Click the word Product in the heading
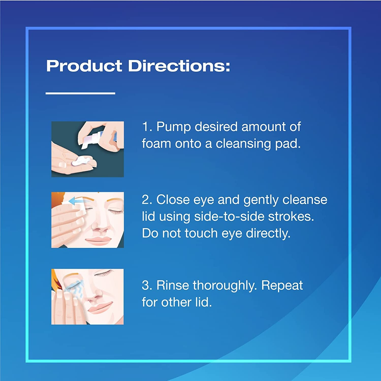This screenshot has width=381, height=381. coord(84,66)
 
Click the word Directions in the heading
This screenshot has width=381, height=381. coord(179,66)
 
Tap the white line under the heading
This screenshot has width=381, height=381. coord(80,93)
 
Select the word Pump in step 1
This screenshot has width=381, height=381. coord(173,127)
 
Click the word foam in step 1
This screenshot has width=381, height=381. coord(156,144)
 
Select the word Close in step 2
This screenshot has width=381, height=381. coord(173,200)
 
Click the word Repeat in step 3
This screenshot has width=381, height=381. coord(282,285)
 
